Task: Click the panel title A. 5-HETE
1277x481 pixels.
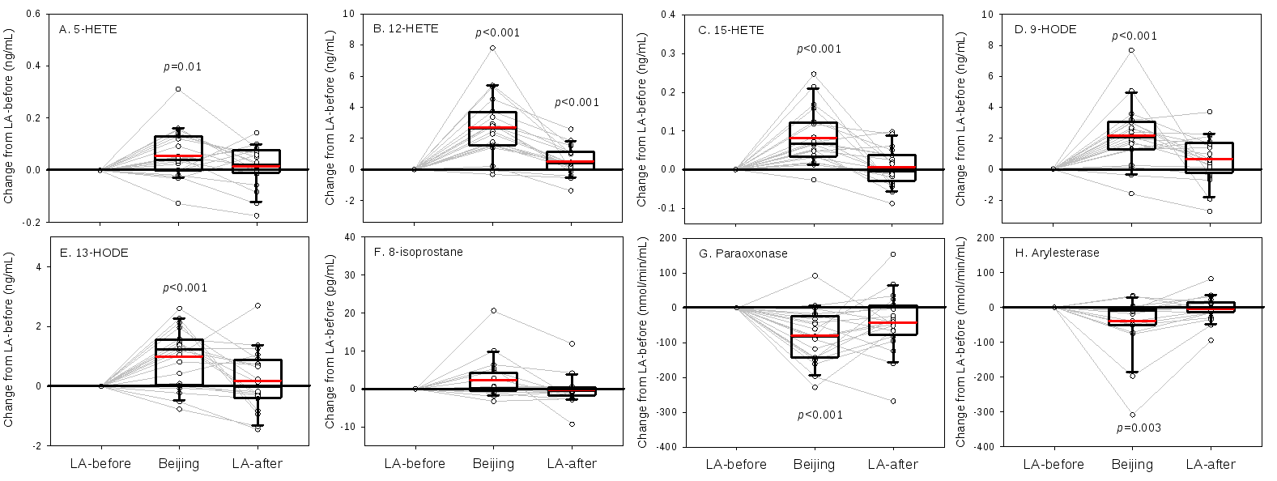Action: click(x=88, y=29)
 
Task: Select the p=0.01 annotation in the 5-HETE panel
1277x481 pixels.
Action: click(x=182, y=67)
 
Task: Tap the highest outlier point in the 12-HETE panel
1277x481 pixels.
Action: click(x=492, y=48)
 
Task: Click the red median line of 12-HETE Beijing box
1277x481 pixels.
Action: click(x=492, y=128)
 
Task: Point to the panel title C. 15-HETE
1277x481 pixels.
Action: click(x=731, y=30)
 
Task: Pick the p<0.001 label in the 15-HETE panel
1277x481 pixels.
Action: click(x=819, y=49)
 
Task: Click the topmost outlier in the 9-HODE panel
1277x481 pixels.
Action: click(x=1131, y=50)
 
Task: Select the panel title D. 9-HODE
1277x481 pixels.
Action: click(x=1045, y=29)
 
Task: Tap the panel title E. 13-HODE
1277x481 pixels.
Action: click(x=94, y=253)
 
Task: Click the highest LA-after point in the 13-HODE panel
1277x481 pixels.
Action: click(x=258, y=305)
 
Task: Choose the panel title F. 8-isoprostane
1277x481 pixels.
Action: click(x=418, y=253)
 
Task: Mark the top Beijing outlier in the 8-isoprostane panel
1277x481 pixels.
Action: click(x=492, y=311)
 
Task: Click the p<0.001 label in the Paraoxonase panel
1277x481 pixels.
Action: click(x=820, y=415)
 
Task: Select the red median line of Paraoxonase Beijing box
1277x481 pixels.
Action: click(x=814, y=335)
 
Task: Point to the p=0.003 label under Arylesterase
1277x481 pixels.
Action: click(x=1139, y=428)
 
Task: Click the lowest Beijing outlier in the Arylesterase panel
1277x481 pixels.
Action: click(x=1132, y=415)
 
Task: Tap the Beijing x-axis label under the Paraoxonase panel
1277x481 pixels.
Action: click(x=814, y=464)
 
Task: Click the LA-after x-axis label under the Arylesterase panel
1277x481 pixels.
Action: click(x=1211, y=464)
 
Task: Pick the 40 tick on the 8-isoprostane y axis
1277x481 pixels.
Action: click(x=350, y=237)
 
